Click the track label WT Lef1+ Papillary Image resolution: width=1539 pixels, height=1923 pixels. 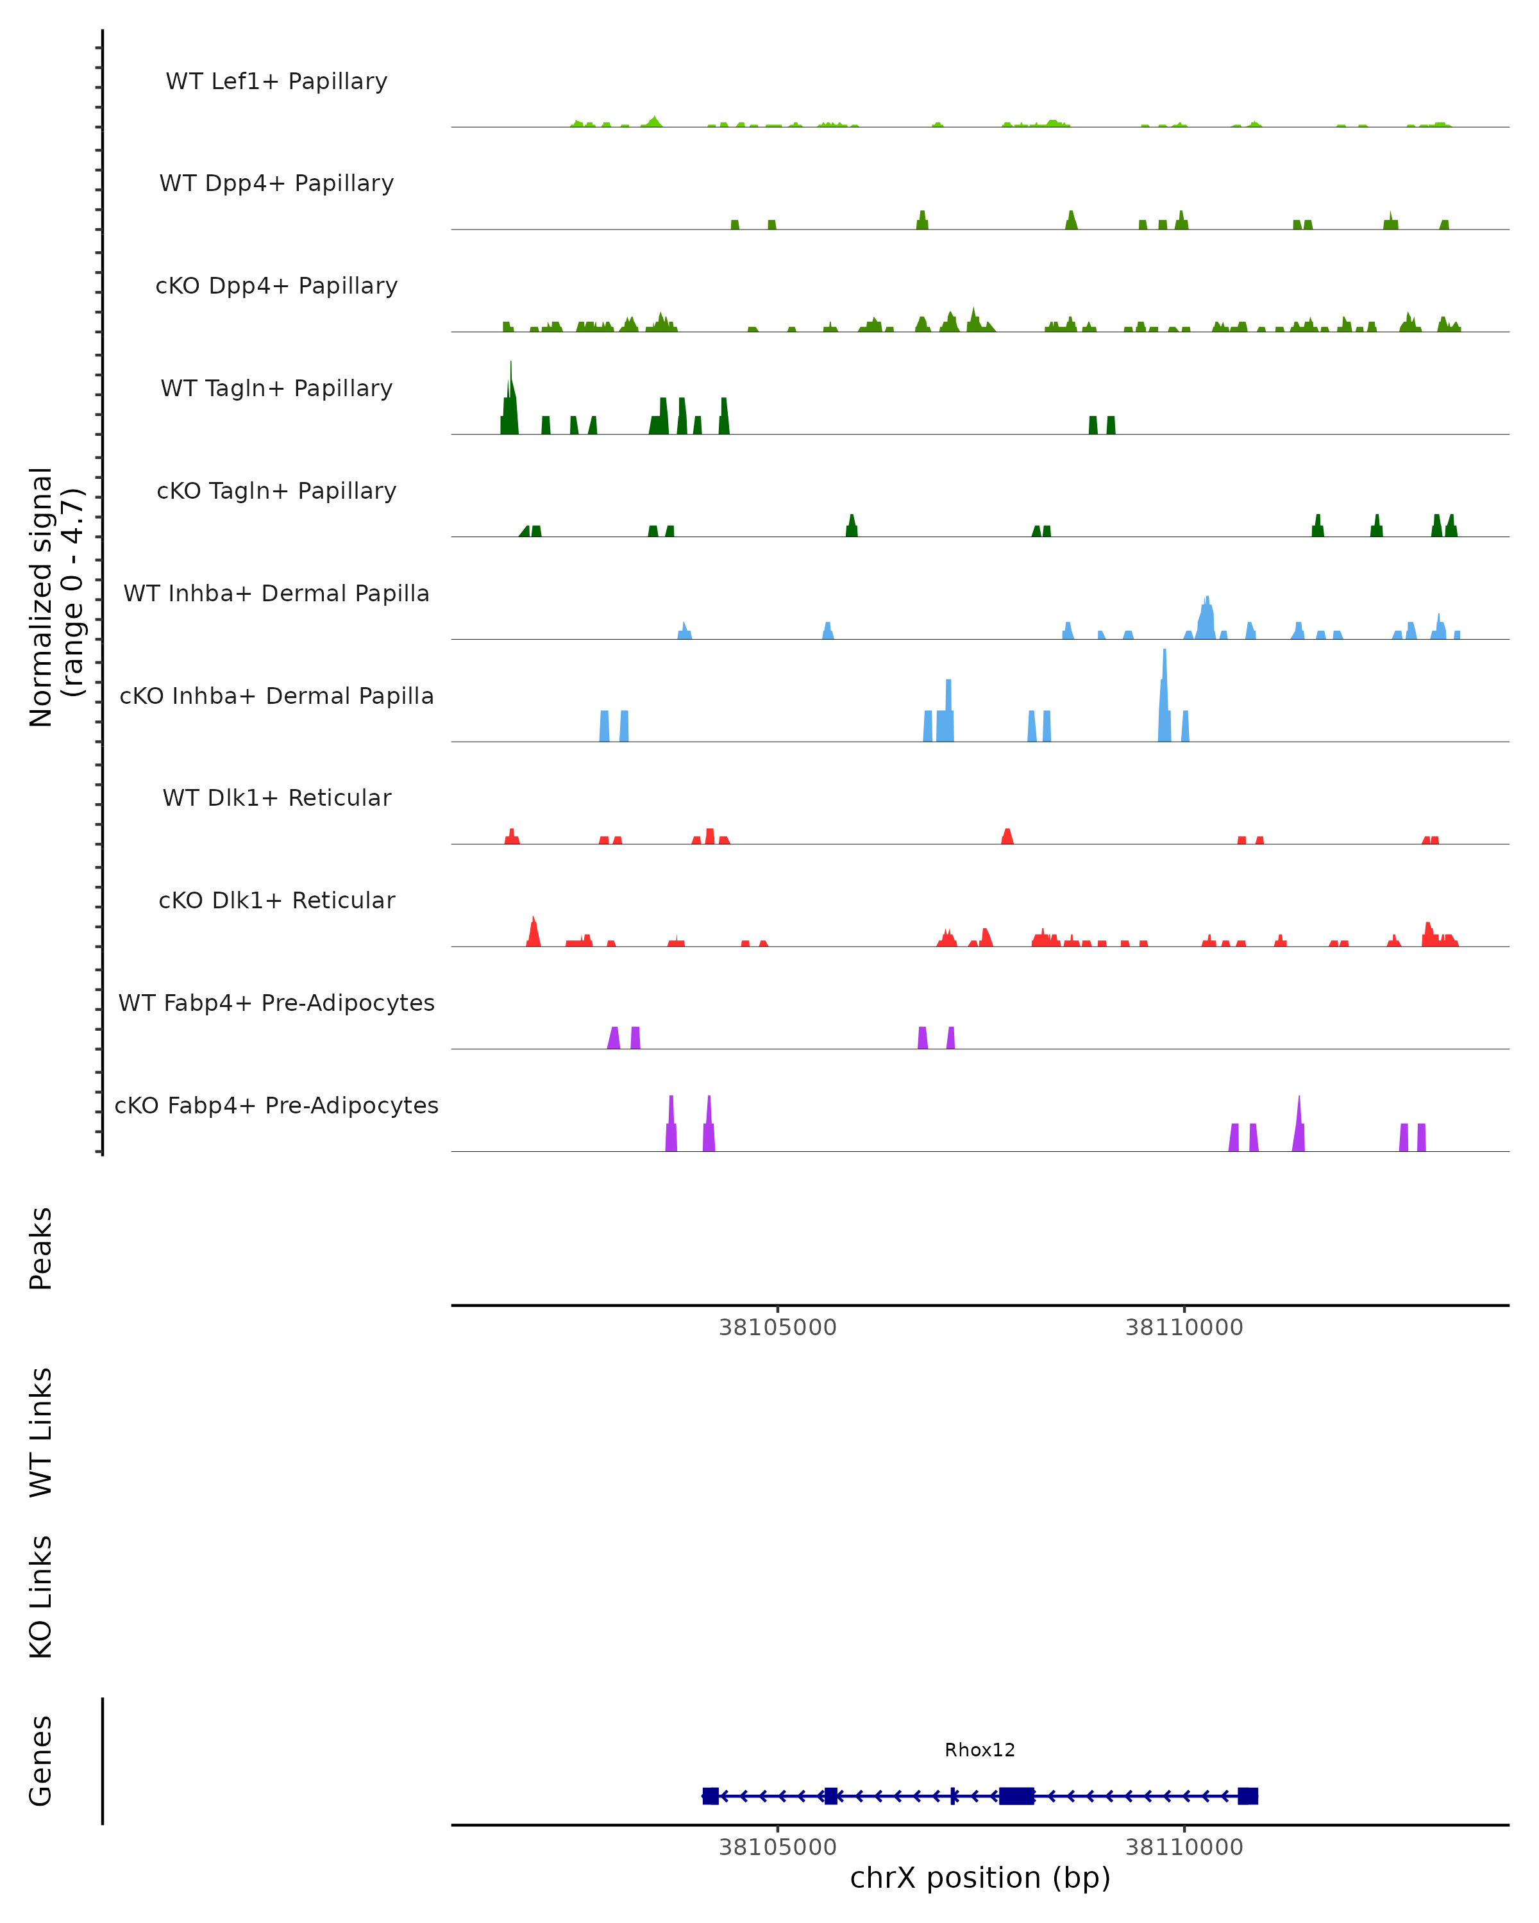(x=276, y=81)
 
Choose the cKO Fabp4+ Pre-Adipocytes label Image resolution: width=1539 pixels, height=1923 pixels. (x=276, y=1105)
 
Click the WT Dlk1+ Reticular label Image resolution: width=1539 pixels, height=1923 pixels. (x=276, y=797)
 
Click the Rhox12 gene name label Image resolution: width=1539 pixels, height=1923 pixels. (x=980, y=1750)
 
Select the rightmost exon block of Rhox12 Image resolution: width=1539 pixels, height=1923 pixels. (x=1247, y=1795)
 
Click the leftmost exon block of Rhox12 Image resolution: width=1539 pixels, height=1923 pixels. (x=710, y=1795)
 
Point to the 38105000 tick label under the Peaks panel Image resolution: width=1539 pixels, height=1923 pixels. (x=777, y=1328)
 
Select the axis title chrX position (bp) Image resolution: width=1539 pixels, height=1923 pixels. (x=980, y=1878)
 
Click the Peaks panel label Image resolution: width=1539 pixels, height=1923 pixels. (x=41, y=1249)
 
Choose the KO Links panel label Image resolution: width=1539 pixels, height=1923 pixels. (x=41, y=1597)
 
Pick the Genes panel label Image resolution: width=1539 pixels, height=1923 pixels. (x=41, y=1761)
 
